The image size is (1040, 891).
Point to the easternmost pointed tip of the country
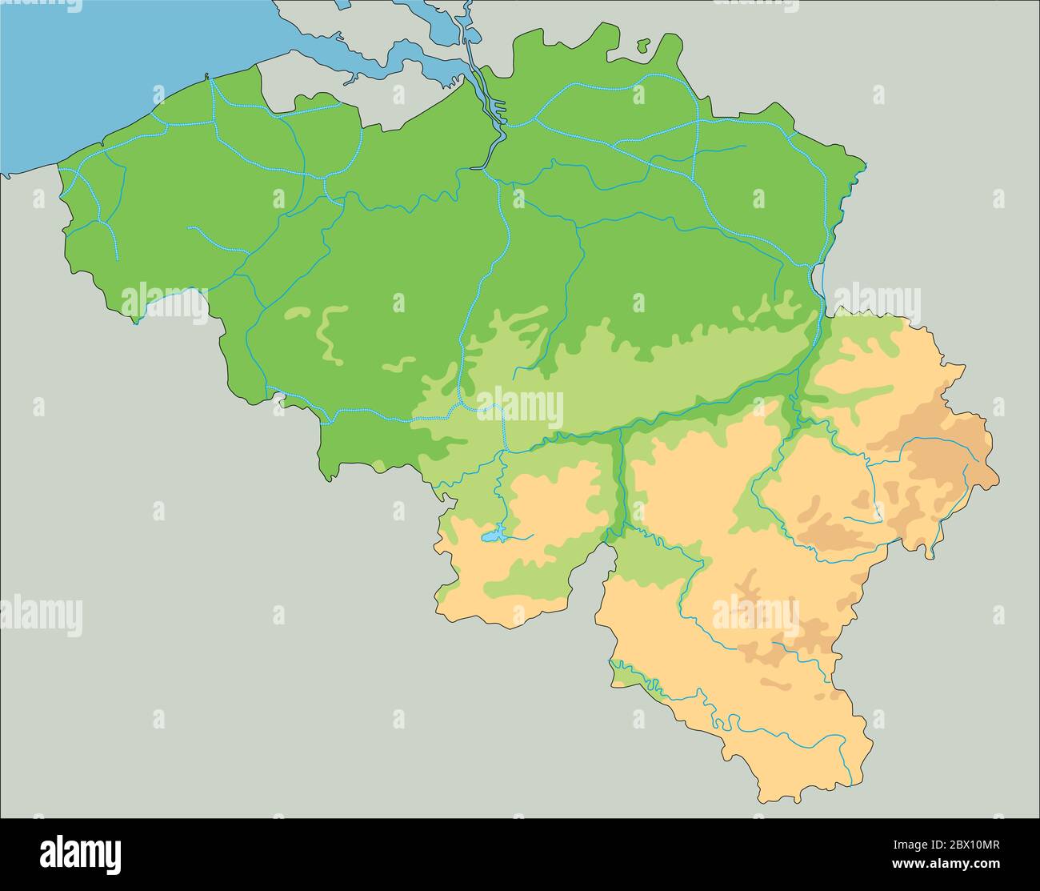click(998, 480)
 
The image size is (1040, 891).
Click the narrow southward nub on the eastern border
click(930, 552)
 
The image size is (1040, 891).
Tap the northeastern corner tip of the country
click(864, 166)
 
